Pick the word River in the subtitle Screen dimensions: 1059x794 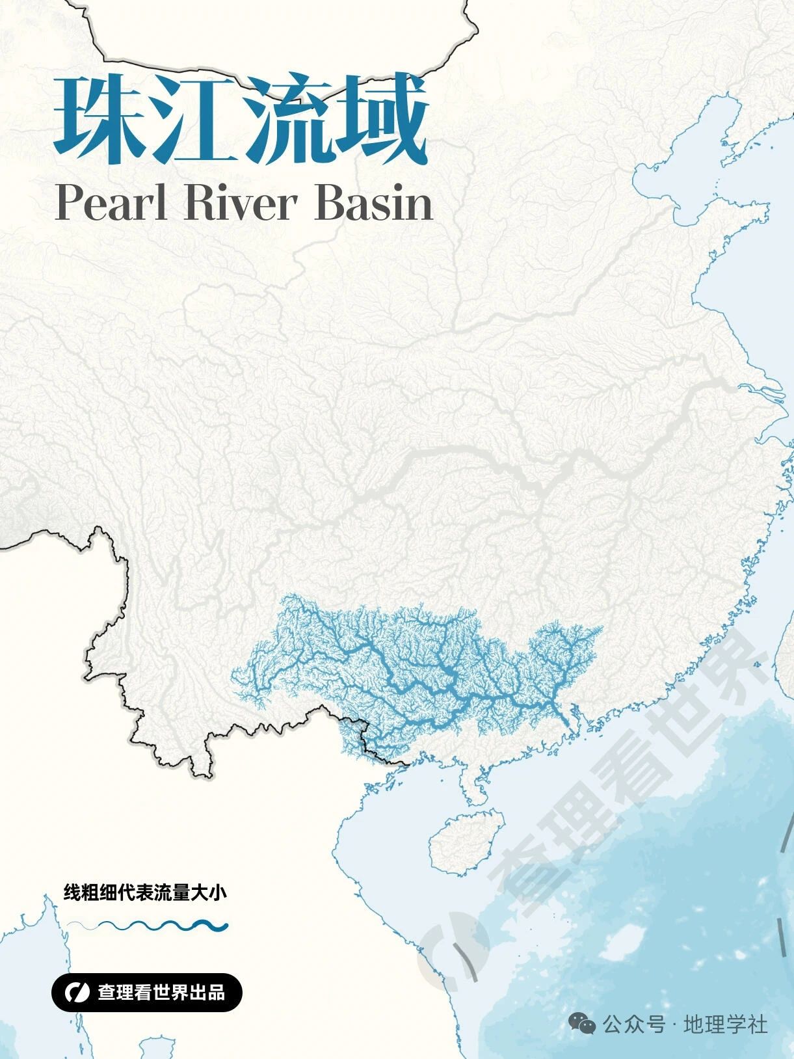241,203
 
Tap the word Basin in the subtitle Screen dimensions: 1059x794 374,203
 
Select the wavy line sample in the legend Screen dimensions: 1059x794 148,925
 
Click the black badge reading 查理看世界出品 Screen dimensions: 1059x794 147,993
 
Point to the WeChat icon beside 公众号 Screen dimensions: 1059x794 582,1025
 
